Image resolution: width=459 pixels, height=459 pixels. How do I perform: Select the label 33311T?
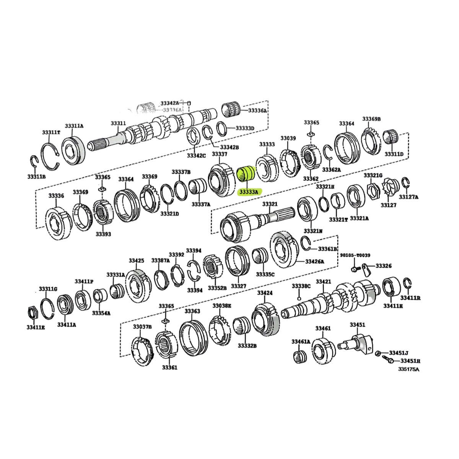coord(51,132)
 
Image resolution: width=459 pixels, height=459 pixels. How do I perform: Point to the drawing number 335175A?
coord(408,369)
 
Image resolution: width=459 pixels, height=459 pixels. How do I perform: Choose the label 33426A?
coord(314,262)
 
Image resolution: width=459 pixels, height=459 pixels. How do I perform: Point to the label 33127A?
coord(409,197)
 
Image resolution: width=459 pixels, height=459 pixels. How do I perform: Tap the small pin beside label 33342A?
coord(189,103)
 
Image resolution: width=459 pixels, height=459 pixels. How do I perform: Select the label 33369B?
coord(371,119)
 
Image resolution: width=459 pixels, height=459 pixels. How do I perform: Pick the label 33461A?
coord(301,341)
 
